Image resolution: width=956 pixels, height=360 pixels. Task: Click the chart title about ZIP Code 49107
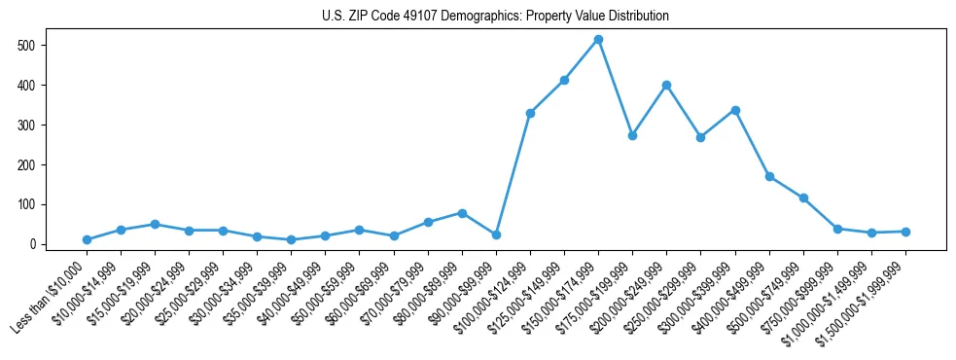495,17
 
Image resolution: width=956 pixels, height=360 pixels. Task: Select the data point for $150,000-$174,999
598,40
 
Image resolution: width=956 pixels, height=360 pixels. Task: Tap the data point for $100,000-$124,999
530,113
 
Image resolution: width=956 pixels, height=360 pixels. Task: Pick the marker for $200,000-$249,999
666,85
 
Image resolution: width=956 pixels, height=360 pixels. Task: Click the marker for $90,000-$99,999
496,234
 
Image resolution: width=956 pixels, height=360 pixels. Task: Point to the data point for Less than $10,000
87,239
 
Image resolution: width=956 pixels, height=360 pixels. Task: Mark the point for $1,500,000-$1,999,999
905,232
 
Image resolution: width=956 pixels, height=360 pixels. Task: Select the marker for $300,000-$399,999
735,110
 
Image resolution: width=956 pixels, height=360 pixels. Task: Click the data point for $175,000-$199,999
632,135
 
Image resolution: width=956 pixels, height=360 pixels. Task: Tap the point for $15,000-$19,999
155,224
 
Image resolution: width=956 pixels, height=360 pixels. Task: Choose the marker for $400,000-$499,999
769,176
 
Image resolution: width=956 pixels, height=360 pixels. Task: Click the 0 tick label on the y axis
32,244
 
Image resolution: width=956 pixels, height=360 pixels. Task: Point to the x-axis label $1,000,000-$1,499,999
835,298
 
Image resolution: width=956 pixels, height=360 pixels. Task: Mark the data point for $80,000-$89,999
462,213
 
